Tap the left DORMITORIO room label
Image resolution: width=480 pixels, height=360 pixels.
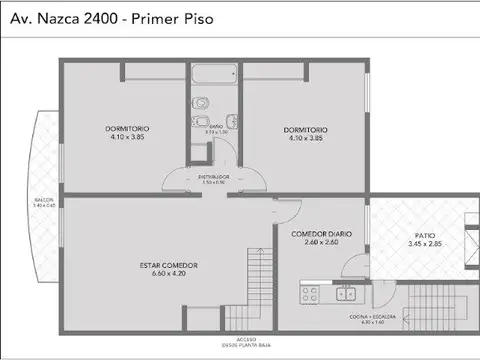pyautogui.click(x=125, y=129)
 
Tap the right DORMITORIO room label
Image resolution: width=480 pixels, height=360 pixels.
pyautogui.click(x=306, y=129)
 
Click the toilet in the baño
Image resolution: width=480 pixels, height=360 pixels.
pyautogui.click(x=199, y=103)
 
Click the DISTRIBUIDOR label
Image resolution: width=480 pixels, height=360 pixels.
pyautogui.click(x=213, y=176)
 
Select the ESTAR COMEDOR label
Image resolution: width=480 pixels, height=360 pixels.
pyautogui.click(x=169, y=265)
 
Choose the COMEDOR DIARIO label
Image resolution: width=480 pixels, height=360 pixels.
pyautogui.click(x=319, y=233)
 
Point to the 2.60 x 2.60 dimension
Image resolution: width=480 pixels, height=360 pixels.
pyautogui.click(x=319, y=241)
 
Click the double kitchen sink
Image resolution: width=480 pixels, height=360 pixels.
pyautogui.click(x=346, y=294)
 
